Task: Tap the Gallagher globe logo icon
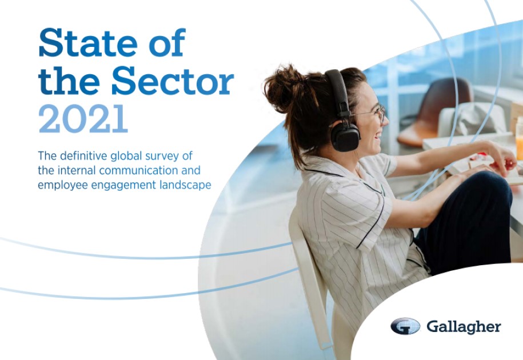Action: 405,326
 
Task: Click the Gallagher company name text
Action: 464,327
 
